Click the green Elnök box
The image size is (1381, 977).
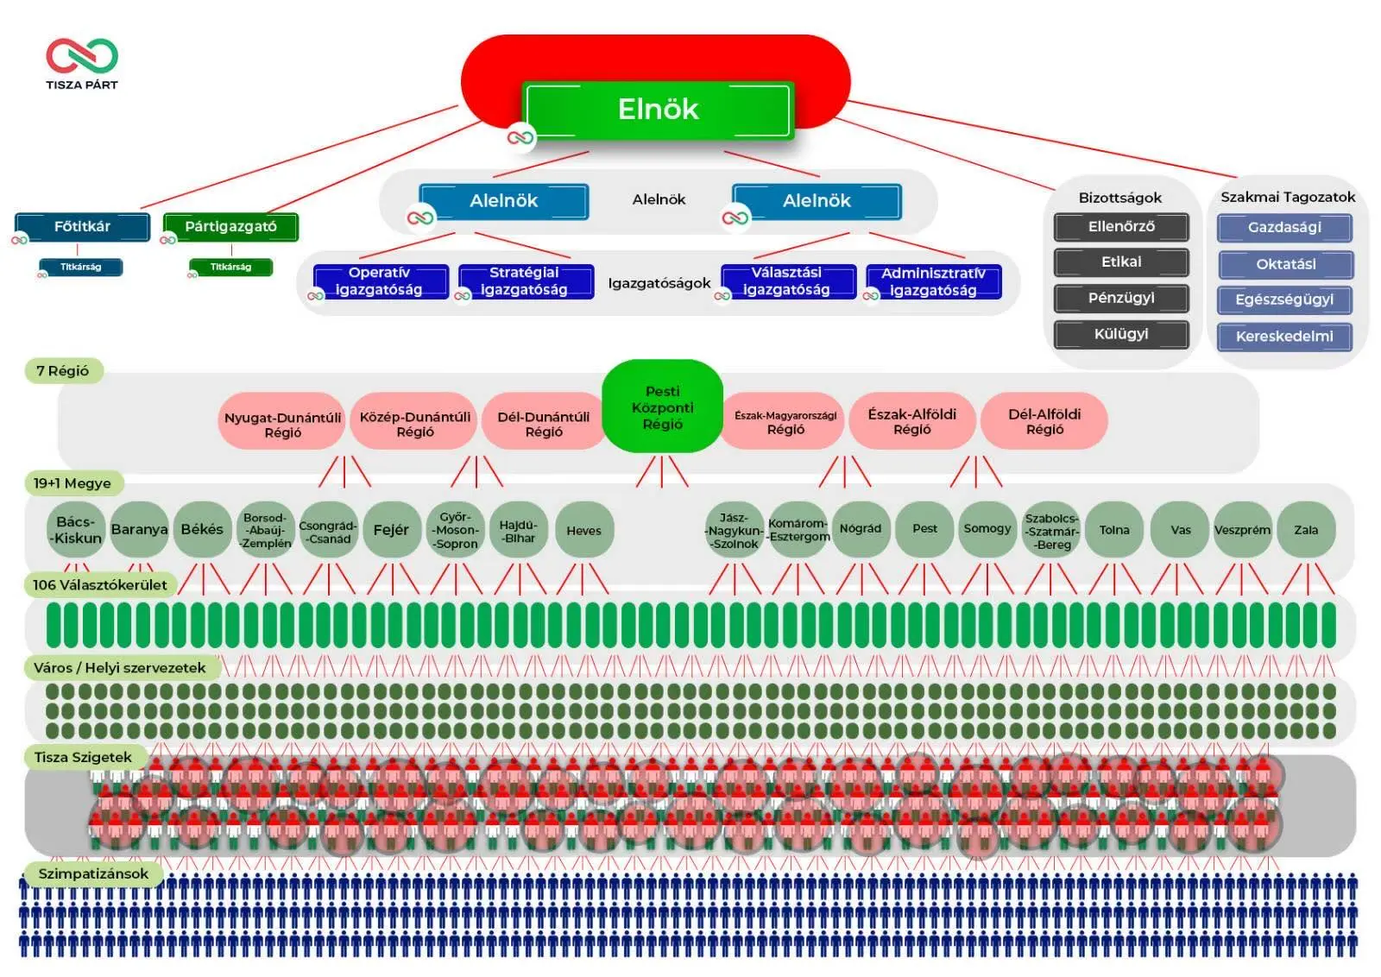tap(658, 110)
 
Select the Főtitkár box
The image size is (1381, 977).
tap(82, 227)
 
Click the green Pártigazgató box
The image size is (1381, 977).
tap(230, 227)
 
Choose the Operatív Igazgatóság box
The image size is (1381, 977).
tap(380, 281)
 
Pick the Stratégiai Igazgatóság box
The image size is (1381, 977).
tap(525, 281)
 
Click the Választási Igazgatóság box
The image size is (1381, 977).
tap(787, 281)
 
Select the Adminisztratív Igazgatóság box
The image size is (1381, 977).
tap(933, 281)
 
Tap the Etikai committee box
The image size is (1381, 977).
tap(1120, 262)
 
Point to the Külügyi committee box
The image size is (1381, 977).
tap(1120, 334)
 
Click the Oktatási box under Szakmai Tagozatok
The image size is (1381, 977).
tap(1285, 264)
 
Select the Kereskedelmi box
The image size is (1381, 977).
tap(1284, 337)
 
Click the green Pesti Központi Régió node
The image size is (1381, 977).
tap(662, 407)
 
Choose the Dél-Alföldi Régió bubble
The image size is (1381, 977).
tap(1044, 421)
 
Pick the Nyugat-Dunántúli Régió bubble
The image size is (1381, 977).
tap(282, 424)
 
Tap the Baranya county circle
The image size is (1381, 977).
tap(139, 530)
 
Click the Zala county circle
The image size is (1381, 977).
tap(1305, 530)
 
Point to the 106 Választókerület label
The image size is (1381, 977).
tap(99, 585)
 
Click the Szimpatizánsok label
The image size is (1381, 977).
tap(93, 874)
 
